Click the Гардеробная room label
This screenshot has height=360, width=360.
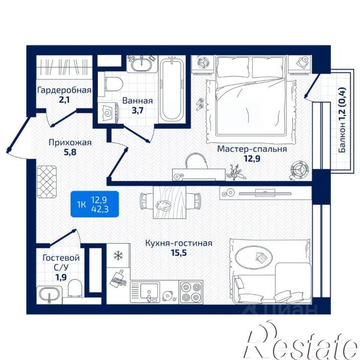[x=64, y=90]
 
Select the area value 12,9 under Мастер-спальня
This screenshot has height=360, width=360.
[x=252, y=158]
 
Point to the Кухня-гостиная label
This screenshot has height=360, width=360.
[x=179, y=243]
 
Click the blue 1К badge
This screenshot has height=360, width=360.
[x=94, y=204]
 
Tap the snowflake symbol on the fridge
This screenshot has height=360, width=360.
[x=119, y=255]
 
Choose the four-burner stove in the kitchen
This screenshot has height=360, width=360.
[x=191, y=292]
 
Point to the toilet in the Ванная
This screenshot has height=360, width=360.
[x=113, y=84]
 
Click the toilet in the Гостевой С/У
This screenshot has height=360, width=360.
[x=75, y=288]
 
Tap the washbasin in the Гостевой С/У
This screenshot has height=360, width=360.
[x=49, y=294]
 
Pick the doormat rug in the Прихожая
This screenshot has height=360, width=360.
[x=47, y=182]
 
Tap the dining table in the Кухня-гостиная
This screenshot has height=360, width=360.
[x=169, y=202]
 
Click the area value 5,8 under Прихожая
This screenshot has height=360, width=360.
[x=70, y=152]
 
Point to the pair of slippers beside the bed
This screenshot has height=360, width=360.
[x=201, y=104]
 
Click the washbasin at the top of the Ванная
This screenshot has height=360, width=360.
[x=141, y=63]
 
